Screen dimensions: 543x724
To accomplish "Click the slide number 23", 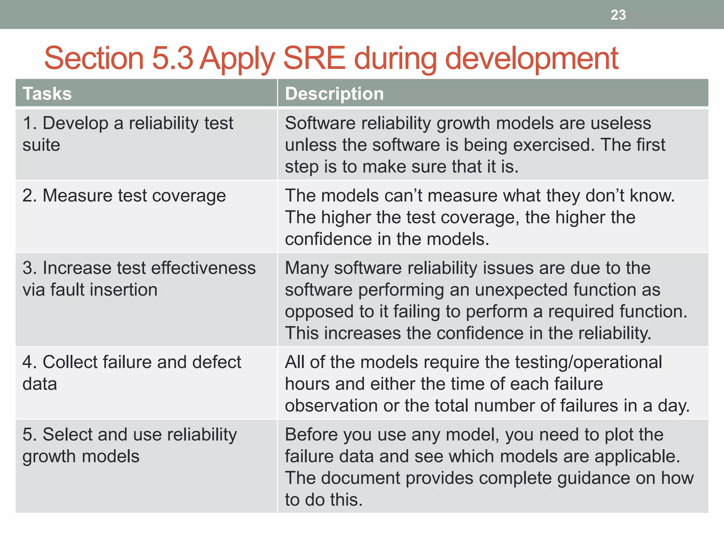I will tap(618, 15).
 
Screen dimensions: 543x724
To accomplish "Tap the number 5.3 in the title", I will tap(172, 58).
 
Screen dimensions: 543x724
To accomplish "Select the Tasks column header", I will tap(47, 94).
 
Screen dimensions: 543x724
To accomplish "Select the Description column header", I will tap(334, 94).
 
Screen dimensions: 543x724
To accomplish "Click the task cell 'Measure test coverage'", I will tap(124, 196).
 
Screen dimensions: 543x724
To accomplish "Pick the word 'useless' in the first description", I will tap(621, 123).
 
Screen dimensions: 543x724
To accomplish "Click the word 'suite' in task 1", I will tap(41, 145).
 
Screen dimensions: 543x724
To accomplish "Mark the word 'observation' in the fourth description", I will tap(331, 406).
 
